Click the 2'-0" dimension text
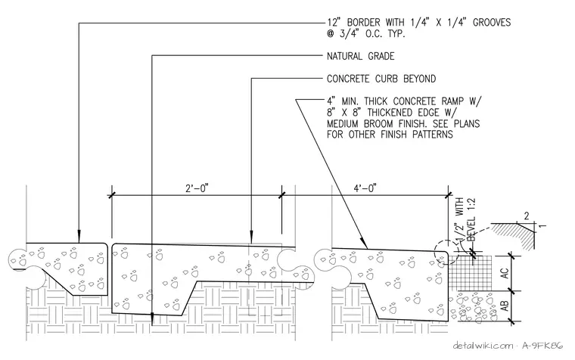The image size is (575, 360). tap(197, 188)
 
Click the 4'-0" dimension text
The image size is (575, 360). tap(365, 188)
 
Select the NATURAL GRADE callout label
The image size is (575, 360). tap(360, 56)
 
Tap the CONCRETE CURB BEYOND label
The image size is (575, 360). tap(381, 79)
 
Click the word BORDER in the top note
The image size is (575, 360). tap(368, 23)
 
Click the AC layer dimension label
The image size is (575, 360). tap(505, 274)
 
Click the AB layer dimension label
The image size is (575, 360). tap(505, 306)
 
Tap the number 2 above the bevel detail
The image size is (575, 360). tap(527, 216)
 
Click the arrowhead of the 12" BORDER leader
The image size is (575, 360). tap(79, 237)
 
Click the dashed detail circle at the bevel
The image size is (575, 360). tap(434, 252)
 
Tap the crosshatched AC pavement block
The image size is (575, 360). tap(470, 274)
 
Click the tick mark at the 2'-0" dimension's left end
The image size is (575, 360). tap(111, 195)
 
